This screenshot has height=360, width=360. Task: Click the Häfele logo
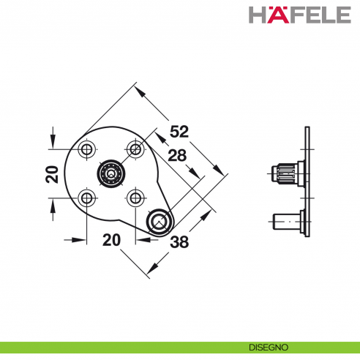pyautogui.click(x=300, y=15)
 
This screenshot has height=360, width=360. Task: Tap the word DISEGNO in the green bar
pyautogui.click(x=269, y=347)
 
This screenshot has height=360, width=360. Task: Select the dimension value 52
pyautogui.click(x=179, y=132)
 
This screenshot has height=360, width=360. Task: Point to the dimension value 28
pyautogui.click(x=177, y=155)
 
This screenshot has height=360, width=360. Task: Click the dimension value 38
pyautogui.click(x=179, y=242)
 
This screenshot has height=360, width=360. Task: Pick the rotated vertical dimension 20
pyautogui.click(x=52, y=174)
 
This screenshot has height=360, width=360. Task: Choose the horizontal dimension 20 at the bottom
pyautogui.click(x=111, y=240)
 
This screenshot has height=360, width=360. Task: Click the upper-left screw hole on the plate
pyautogui.click(x=86, y=149)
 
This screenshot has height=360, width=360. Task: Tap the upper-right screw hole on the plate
pyautogui.click(x=135, y=149)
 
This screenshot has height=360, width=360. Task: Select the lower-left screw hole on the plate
pyautogui.click(x=86, y=198)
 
